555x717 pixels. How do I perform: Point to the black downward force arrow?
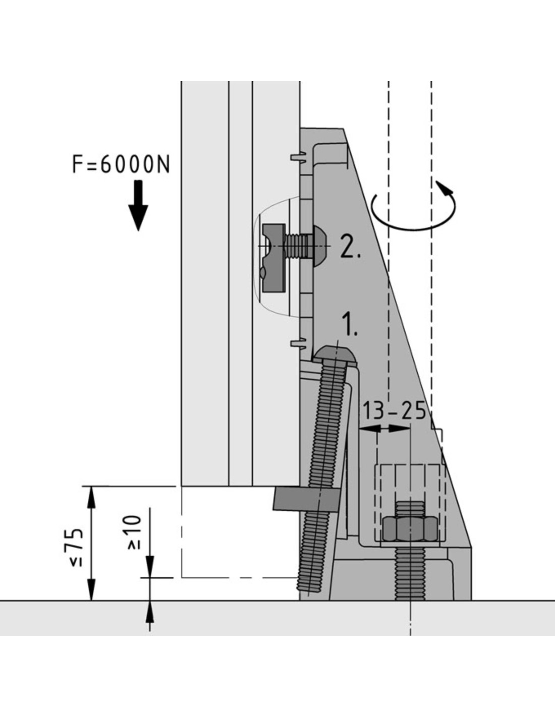pyautogui.click(x=138, y=206)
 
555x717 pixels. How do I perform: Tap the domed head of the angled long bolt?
pyautogui.click(x=335, y=355)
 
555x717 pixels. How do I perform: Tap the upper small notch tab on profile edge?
pyautogui.click(x=299, y=156)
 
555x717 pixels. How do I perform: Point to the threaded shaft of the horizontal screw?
pyautogui.click(x=299, y=246)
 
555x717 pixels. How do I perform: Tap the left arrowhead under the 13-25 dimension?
pyautogui.click(x=370, y=429)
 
